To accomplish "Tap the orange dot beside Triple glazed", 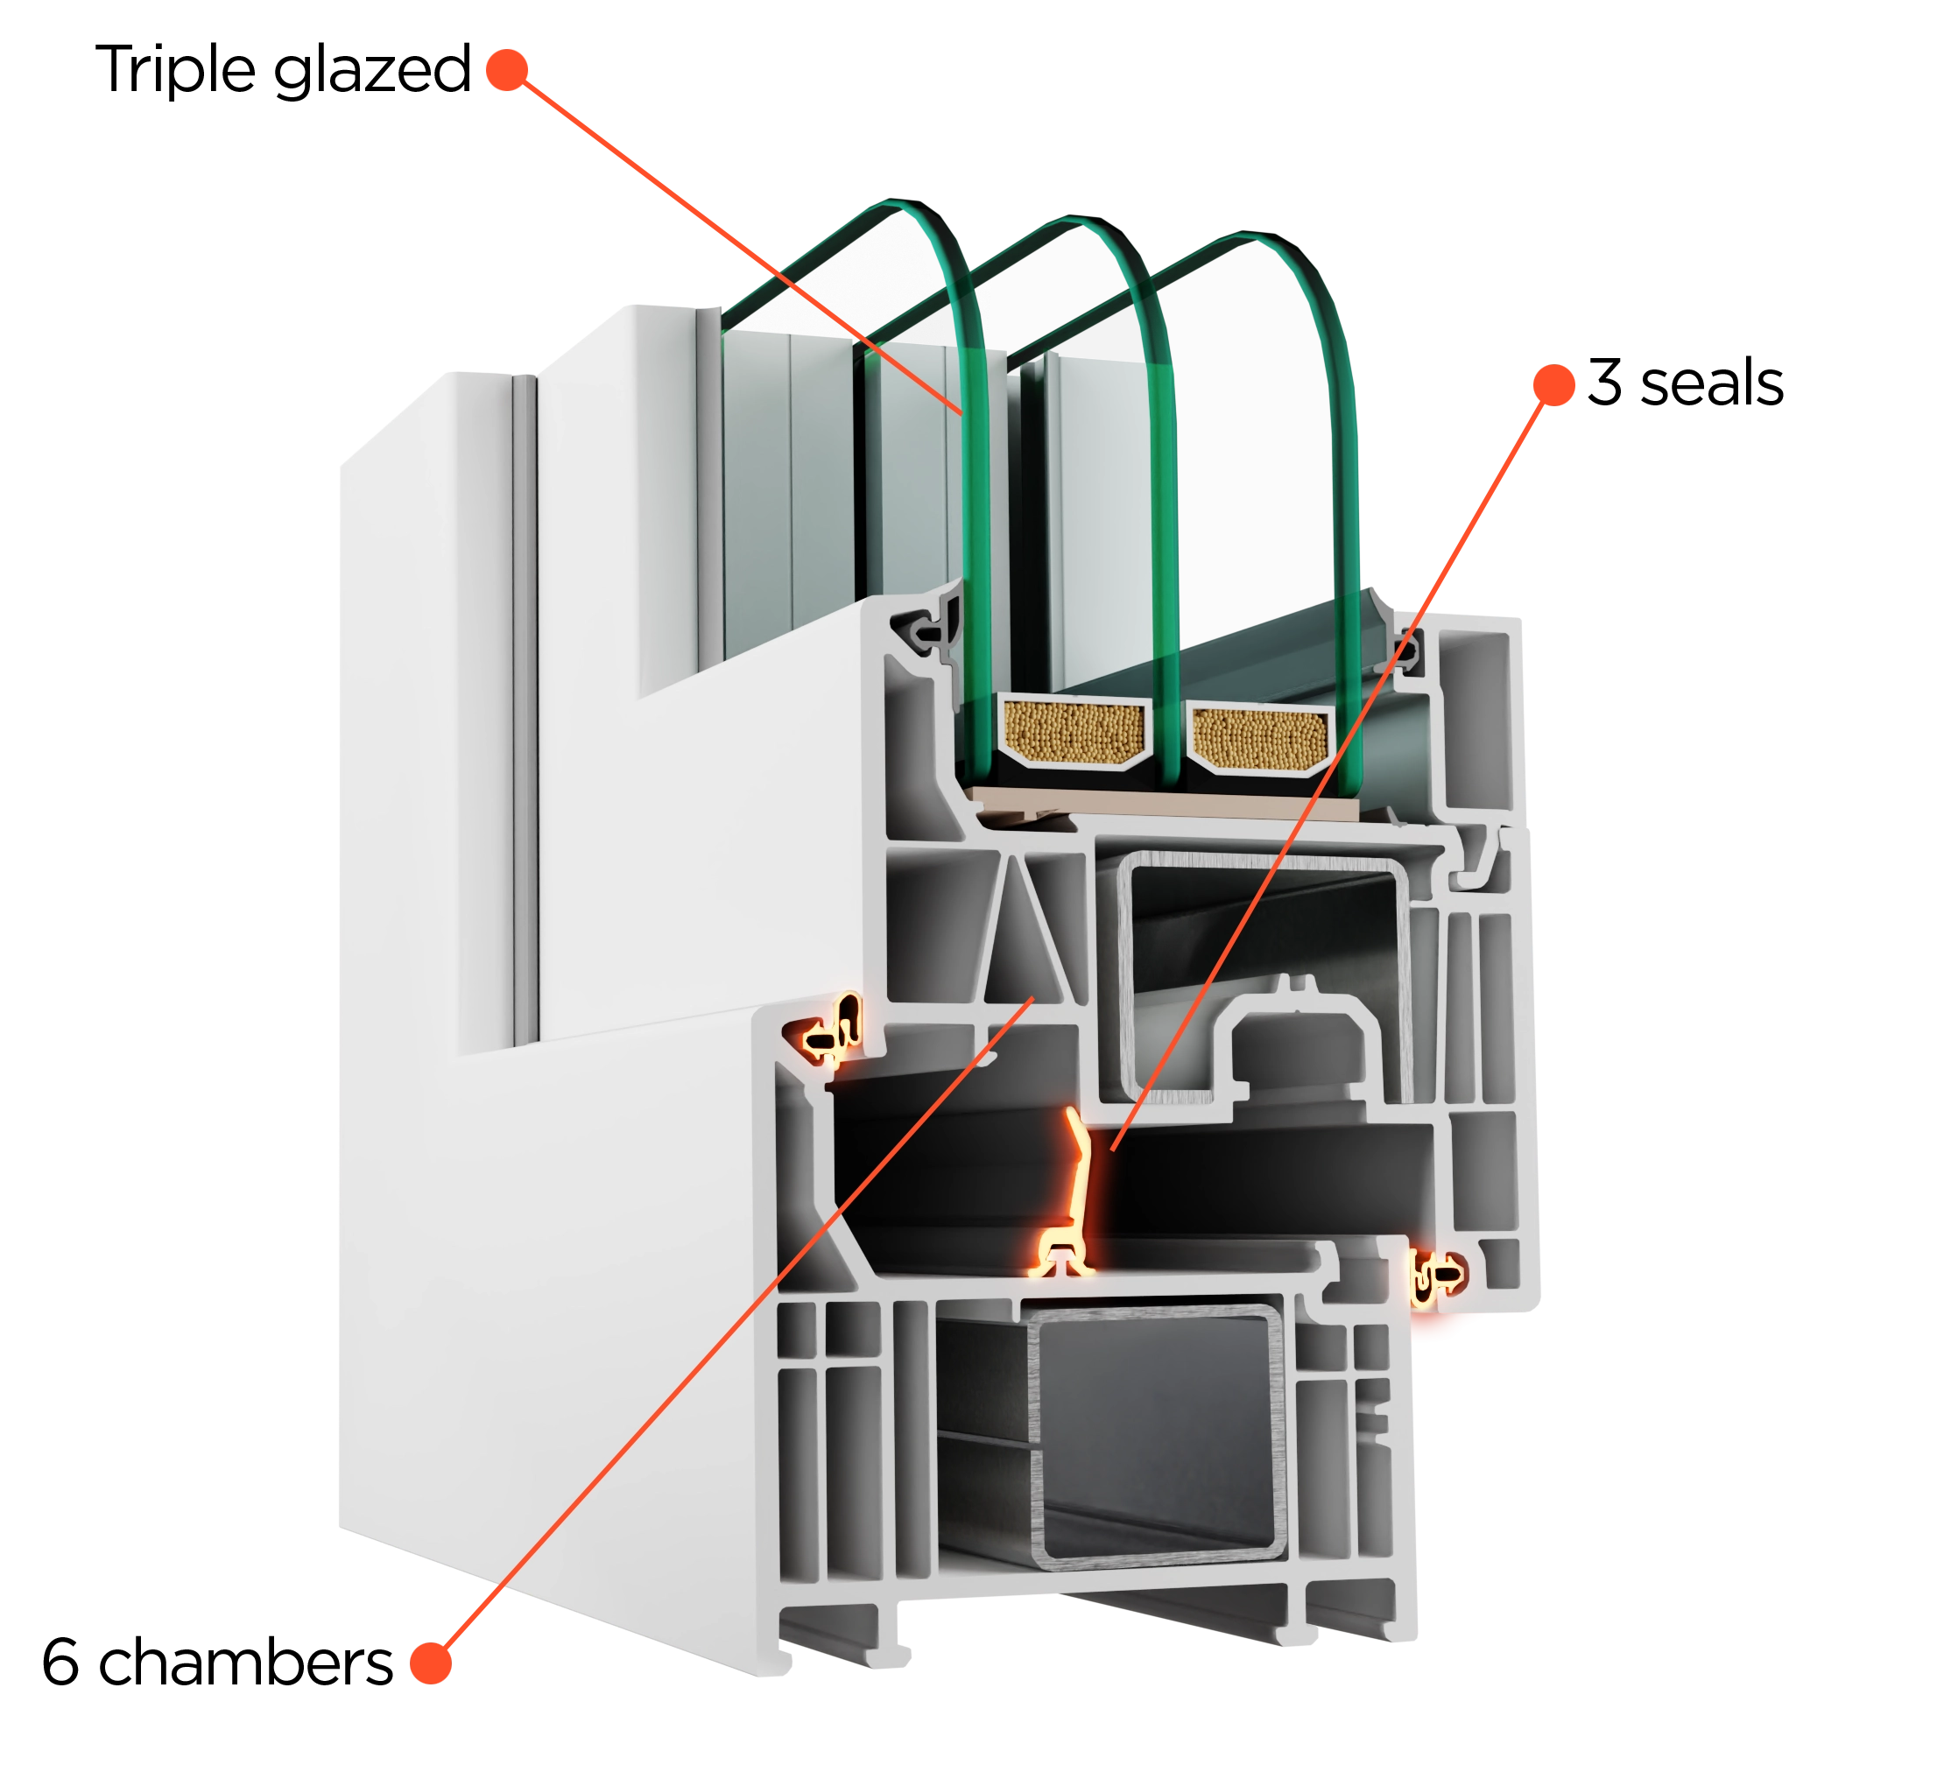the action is pos(507,70).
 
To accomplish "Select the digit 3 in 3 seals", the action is pos(1605,383).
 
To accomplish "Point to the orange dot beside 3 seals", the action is pos(1553,384).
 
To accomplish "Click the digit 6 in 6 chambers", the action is pos(60,1662).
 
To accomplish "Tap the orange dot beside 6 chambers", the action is pos(430,1663).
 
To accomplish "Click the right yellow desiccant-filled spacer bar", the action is pos(1261,738).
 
